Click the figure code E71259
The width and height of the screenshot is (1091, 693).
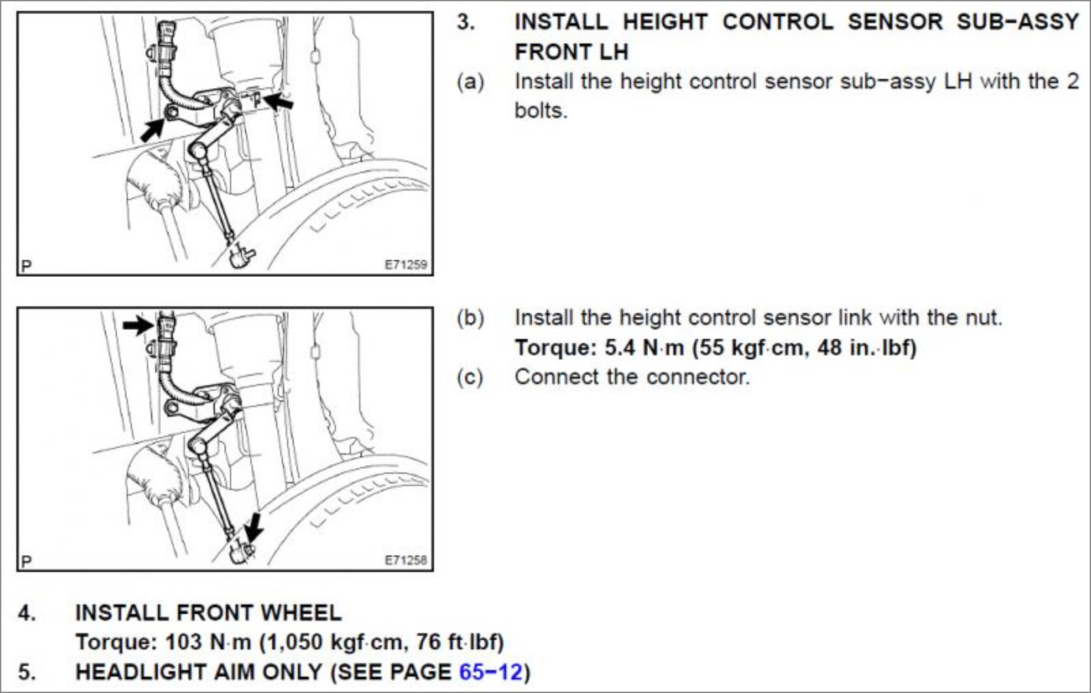click(x=405, y=265)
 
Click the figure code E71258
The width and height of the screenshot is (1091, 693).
click(x=405, y=560)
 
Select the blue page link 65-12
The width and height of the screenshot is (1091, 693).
click(x=490, y=672)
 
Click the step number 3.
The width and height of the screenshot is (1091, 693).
click(x=465, y=22)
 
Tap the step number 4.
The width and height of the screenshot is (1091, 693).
click(x=26, y=613)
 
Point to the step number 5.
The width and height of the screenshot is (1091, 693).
click(x=26, y=672)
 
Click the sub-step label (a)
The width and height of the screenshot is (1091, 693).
click(x=470, y=82)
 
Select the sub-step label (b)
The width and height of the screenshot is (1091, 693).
click(x=470, y=318)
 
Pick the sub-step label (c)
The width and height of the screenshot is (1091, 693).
click(x=470, y=377)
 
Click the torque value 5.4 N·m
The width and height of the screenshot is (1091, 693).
click(x=643, y=348)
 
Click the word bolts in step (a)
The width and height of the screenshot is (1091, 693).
click(x=540, y=110)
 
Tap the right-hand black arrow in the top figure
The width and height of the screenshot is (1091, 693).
click(x=279, y=103)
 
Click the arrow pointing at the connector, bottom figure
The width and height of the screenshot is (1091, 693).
click(x=138, y=324)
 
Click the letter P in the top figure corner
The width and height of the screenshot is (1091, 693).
click(x=27, y=266)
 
